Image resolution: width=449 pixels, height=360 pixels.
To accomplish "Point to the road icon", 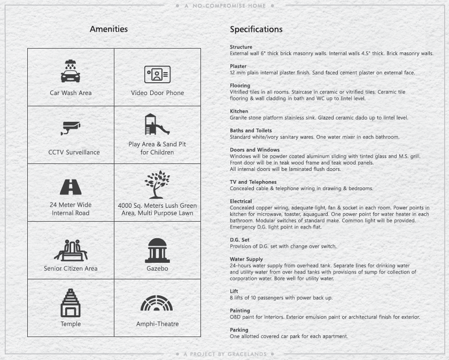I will (71, 187).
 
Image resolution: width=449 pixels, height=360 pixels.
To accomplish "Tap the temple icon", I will (71, 303).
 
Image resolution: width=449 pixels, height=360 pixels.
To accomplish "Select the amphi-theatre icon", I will (157, 303).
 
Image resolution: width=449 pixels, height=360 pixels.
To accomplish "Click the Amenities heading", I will (109, 29).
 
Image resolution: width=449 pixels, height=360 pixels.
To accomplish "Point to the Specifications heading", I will (256, 29).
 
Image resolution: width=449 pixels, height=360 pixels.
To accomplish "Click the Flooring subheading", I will (240, 85).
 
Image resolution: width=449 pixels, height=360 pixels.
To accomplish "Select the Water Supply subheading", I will (246, 259).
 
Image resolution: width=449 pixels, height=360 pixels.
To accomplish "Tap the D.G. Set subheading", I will (239, 240).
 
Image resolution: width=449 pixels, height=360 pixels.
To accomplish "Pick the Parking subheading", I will (239, 330).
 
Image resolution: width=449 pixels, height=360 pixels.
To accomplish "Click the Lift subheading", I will (234, 291).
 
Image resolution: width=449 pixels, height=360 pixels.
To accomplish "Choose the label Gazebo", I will (157, 268).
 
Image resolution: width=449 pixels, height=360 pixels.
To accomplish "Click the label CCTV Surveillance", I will (74, 152).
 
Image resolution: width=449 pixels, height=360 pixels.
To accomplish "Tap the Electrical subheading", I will (241, 201).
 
